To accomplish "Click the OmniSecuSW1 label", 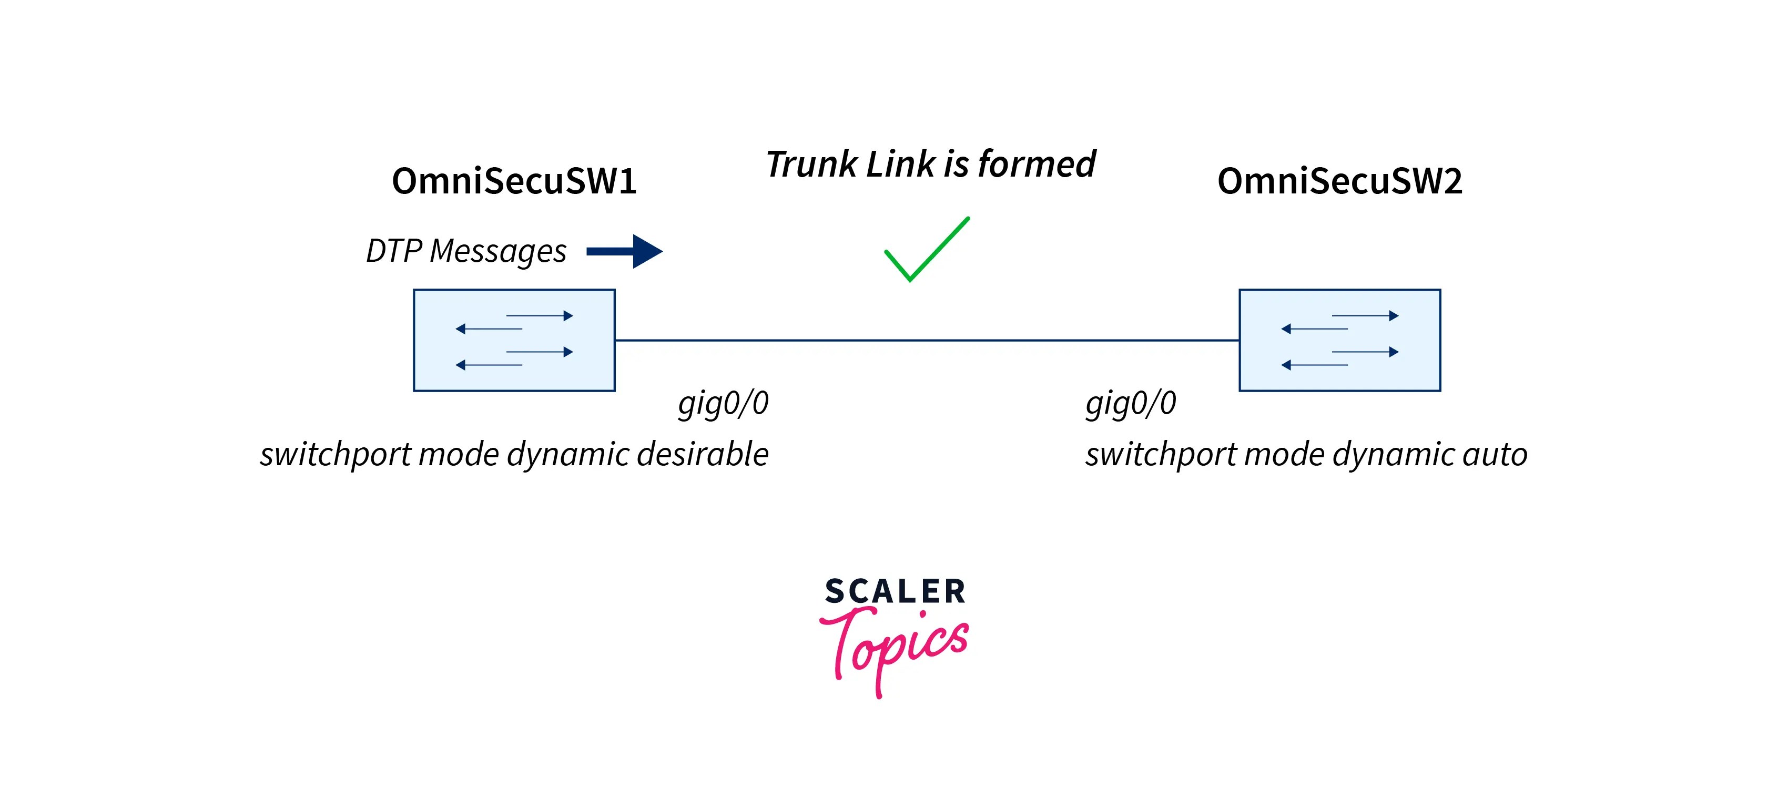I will (514, 181).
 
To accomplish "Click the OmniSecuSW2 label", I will (1339, 181).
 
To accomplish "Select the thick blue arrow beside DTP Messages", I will (625, 251).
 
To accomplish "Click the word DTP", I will (393, 251).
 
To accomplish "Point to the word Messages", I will (497, 252).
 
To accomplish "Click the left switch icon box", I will (514, 340).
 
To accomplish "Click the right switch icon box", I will (1339, 340).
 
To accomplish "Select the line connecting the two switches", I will (927, 340).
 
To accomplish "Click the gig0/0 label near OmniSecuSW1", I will (723, 403).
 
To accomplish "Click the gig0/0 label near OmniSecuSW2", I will (1131, 403).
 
